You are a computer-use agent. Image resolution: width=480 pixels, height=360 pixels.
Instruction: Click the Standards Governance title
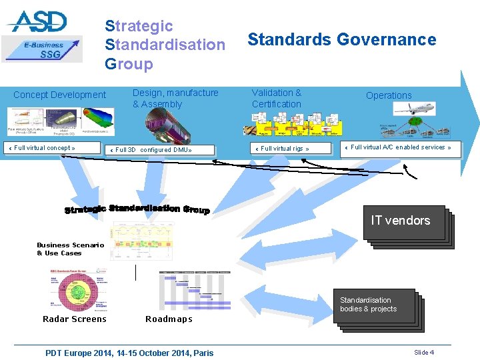point(342,40)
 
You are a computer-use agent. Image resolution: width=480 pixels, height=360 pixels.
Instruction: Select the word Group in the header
point(129,64)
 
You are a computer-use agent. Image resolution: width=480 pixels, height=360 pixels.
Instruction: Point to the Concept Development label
point(59,95)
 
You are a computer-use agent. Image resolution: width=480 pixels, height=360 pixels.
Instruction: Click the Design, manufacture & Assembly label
point(175,99)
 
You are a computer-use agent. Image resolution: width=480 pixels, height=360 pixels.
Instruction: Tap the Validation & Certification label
point(277,99)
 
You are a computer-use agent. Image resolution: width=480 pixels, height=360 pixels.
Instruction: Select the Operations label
point(389,95)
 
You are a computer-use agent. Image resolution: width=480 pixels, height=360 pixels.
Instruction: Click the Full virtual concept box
point(45,148)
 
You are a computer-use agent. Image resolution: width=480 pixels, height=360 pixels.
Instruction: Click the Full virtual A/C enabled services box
point(401,148)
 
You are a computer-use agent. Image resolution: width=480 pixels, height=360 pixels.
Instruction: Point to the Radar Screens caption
point(75,319)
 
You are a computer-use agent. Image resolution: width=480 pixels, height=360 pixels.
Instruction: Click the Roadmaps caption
point(169,319)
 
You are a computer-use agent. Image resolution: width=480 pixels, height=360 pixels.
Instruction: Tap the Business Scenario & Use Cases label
point(70,249)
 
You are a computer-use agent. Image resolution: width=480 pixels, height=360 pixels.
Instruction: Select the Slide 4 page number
point(424,352)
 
